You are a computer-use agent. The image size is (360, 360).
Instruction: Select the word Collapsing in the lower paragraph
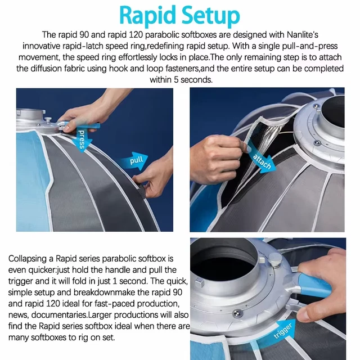[x=29, y=258]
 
